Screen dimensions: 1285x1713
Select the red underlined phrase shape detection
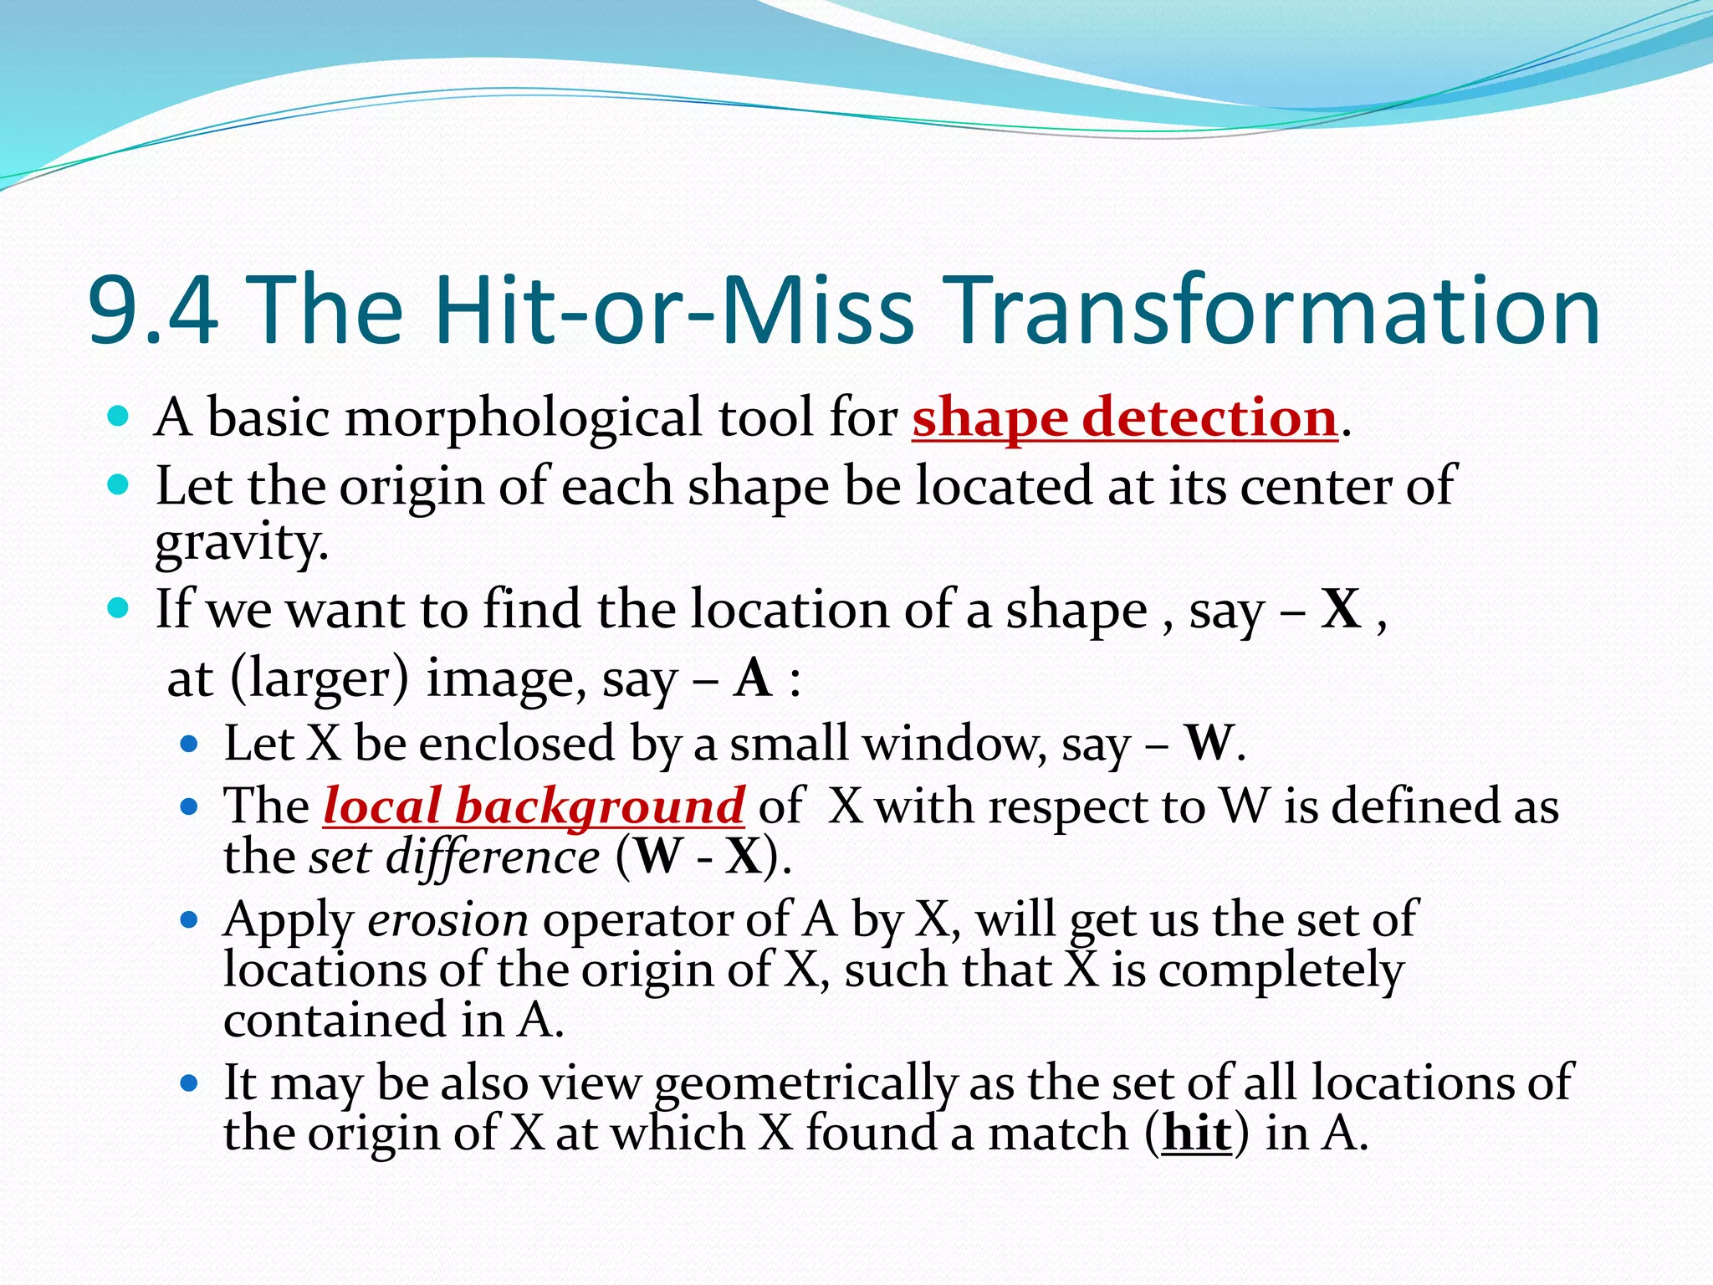(x=1124, y=417)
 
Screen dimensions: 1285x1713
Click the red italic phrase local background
(x=534, y=806)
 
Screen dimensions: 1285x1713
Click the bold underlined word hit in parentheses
(x=1197, y=1134)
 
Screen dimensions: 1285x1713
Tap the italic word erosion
(x=448, y=920)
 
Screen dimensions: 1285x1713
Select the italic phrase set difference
(x=454, y=858)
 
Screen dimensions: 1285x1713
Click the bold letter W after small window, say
(x=1209, y=743)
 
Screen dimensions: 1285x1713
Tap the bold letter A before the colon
(x=753, y=678)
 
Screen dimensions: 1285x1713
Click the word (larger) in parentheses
(x=319, y=678)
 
